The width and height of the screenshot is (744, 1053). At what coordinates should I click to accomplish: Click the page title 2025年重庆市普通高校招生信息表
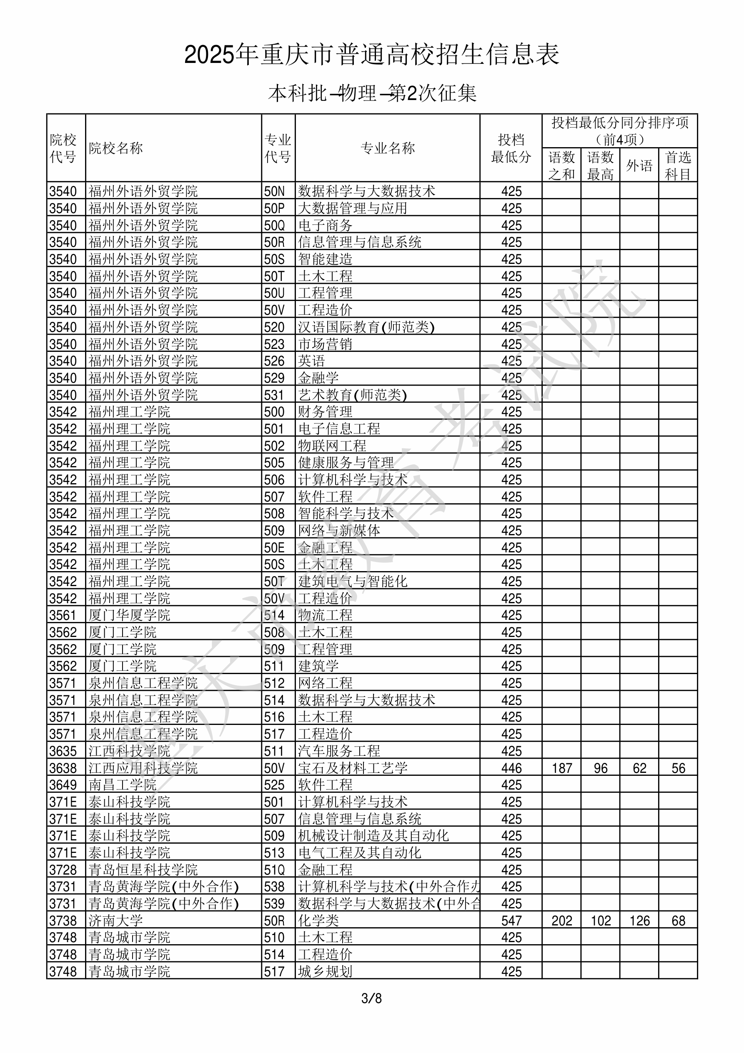pyautogui.click(x=371, y=55)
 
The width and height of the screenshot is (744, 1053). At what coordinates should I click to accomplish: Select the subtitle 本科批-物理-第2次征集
pyautogui.click(x=372, y=93)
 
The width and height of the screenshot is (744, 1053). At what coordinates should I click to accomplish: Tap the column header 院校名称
pyautogui.click(x=116, y=148)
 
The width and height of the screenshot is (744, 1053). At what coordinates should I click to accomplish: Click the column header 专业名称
pyautogui.click(x=388, y=148)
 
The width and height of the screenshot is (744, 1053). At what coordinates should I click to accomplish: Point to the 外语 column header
pyautogui.click(x=639, y=165)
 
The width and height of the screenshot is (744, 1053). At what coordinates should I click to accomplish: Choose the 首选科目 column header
pyautogui.click(x=678, y=165)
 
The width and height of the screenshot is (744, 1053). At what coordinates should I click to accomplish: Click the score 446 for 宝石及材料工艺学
pyautogui.click(x=511, y=768)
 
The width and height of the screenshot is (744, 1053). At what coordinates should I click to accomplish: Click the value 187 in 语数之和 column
pyautogui.click(x=562, y=768)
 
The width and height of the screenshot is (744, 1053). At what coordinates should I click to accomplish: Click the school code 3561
pyautogui.click(x=63, y=615)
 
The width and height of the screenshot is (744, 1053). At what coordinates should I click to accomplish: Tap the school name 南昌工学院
pyautogui.click(x=123, y=785)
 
